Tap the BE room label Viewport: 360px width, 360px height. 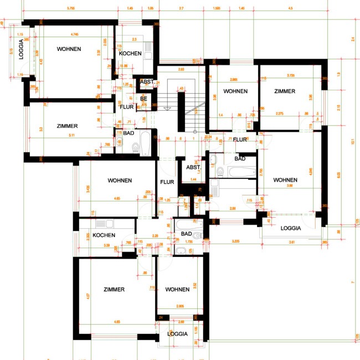(x=143, y=98)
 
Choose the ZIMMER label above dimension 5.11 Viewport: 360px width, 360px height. (x=67, y=126)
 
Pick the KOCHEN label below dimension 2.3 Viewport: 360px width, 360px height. (x=130, y=54)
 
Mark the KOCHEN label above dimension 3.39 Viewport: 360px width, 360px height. (x=104, y=235)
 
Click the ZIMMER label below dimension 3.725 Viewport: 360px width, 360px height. (x=284, y=91)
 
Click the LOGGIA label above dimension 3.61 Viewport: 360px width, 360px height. (x=291, y=228)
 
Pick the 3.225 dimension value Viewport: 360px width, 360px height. (x=235, y=241)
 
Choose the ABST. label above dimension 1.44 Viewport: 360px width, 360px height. (x=193, y=167)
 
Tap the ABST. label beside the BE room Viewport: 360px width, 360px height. (x=147, y=82)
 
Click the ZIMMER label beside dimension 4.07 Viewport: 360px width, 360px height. (x=114, y=290)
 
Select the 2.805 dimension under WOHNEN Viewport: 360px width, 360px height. (x=177, y=306)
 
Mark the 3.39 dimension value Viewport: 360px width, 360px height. (x=106, y=245)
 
